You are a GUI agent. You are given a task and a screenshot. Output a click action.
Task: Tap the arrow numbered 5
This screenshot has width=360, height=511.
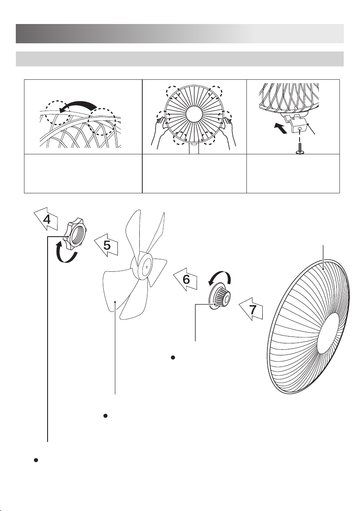click(x=106, y=244)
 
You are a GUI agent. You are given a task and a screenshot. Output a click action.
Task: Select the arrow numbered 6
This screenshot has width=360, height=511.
click(x=186, y=279)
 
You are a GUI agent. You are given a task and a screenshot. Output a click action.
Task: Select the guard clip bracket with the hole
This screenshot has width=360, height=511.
click(x=297, y=125)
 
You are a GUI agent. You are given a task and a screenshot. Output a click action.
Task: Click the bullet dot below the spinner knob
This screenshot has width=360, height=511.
click(x=173, y=358)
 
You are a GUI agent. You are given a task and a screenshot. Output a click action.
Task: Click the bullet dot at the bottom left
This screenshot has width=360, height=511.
click(x=36, y=460)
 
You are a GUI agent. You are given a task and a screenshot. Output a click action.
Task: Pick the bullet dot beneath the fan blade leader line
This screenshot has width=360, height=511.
click(x=105, y=416)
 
